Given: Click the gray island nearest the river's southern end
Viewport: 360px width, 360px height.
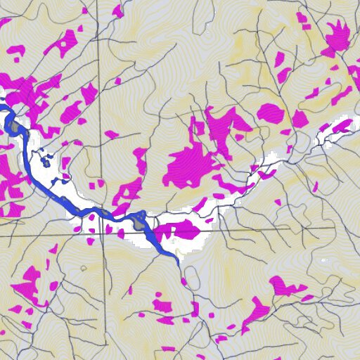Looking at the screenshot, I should tap(139, 224).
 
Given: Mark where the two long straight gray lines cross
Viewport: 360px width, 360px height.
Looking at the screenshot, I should tap(103, 233).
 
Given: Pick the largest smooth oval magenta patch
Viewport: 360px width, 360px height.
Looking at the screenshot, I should tap(270, 112).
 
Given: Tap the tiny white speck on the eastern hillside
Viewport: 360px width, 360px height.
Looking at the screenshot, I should tap(324, 261).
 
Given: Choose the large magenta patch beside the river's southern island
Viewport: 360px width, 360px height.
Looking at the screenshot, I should tap(180, 229).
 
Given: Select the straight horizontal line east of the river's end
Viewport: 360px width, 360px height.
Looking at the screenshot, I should tap(281, 229).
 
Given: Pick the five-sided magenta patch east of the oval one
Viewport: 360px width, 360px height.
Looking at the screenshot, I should tap(300, 120).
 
